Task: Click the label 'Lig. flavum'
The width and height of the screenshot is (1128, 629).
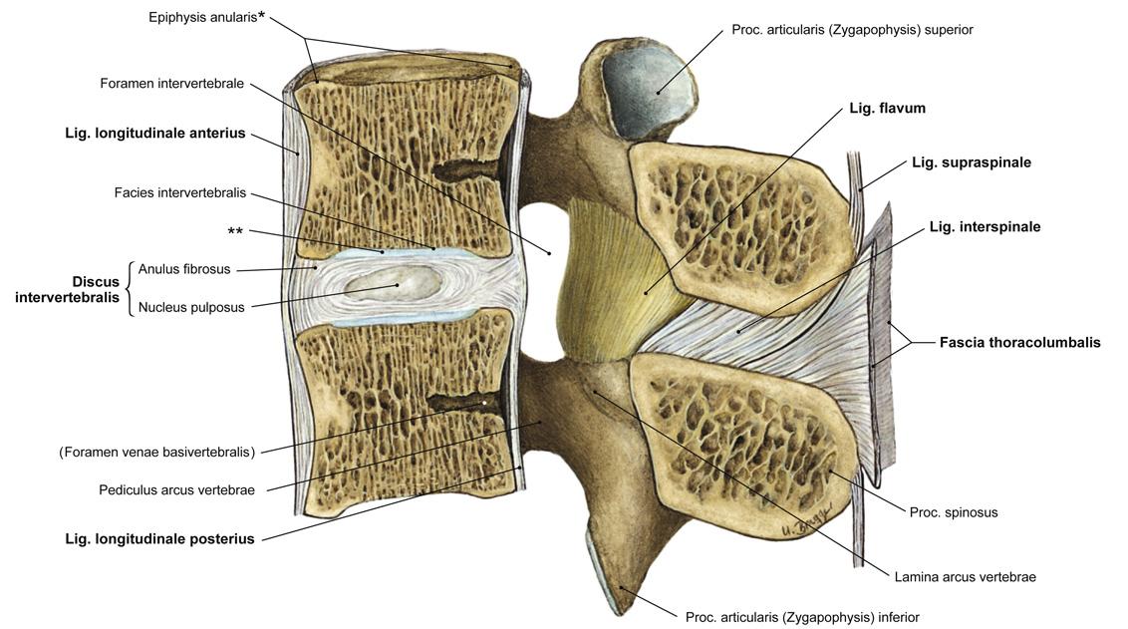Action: coord(887,108)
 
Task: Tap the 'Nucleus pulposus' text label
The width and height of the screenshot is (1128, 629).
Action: coord(191,307)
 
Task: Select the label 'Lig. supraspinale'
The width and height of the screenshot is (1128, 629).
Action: coord(971,162)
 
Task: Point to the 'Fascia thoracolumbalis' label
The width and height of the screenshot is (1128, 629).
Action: coord(1019,342)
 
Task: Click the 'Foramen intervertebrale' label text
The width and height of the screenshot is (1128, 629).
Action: coord(171,84)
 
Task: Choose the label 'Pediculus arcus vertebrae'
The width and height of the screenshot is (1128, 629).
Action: coord(176,489)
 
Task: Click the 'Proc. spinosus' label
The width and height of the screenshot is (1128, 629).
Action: coord(953,512)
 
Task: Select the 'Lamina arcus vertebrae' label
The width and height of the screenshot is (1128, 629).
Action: coord(965,576)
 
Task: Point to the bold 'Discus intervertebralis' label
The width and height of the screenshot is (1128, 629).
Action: coord(68,289)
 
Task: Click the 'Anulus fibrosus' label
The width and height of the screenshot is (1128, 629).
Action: coord(184,269)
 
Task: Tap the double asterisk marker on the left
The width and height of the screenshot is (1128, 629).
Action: coord(235,232)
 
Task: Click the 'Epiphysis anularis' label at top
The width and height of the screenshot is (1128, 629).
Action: coord(206,18)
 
